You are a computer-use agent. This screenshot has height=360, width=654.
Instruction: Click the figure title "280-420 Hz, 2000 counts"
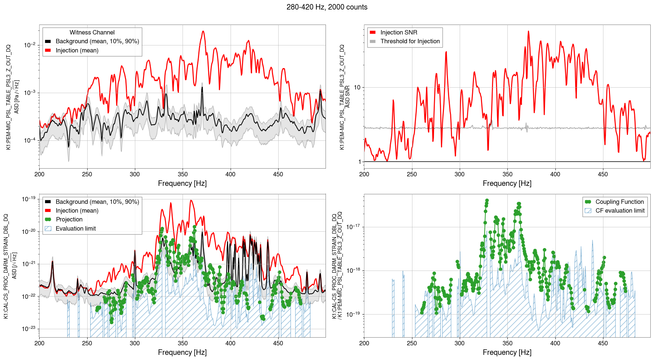(x=327, y=7)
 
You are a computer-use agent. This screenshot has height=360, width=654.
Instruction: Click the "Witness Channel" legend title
(x=92, y=33)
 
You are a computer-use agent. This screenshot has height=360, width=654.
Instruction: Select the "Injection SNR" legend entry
(x=398, y=33)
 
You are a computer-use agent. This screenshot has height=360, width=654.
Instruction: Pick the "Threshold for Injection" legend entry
(x=410, y=41)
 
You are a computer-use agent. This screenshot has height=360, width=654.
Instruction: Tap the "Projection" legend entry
(x=69, y=220)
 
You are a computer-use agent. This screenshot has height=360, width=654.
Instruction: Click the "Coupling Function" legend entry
(x=619, y=202)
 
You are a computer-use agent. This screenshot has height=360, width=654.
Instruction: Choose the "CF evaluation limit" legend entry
(x=620, y=211)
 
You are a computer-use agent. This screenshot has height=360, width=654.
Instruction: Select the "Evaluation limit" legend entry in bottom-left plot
(x=76, y=229)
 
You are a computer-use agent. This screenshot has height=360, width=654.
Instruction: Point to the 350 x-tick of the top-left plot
(x=183, y=174)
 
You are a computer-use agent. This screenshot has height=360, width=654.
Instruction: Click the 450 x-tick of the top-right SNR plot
(x=603, y=174)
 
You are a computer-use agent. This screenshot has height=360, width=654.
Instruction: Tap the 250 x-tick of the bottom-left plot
(x=87, y=344)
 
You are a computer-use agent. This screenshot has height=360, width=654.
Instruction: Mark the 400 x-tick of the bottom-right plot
(x=555, y=344)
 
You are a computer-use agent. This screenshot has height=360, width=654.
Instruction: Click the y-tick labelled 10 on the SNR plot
(x=357, y=87)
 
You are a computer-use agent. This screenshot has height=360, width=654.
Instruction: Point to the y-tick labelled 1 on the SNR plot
(x=359, y=162)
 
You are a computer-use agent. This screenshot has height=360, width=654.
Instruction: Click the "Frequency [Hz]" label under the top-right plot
(x=507, y=183)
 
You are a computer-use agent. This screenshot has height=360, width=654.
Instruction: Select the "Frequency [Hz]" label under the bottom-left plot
(x=182, y=352)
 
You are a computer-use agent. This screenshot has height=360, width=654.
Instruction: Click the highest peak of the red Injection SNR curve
(x=528, y=32)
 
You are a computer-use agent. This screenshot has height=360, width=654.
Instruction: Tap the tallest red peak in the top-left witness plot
(x=203, y=32)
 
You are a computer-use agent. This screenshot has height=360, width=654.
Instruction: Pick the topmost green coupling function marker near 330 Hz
(x=487, y=201)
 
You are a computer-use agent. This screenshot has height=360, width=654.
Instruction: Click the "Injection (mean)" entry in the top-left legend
(x=77, y=51)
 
